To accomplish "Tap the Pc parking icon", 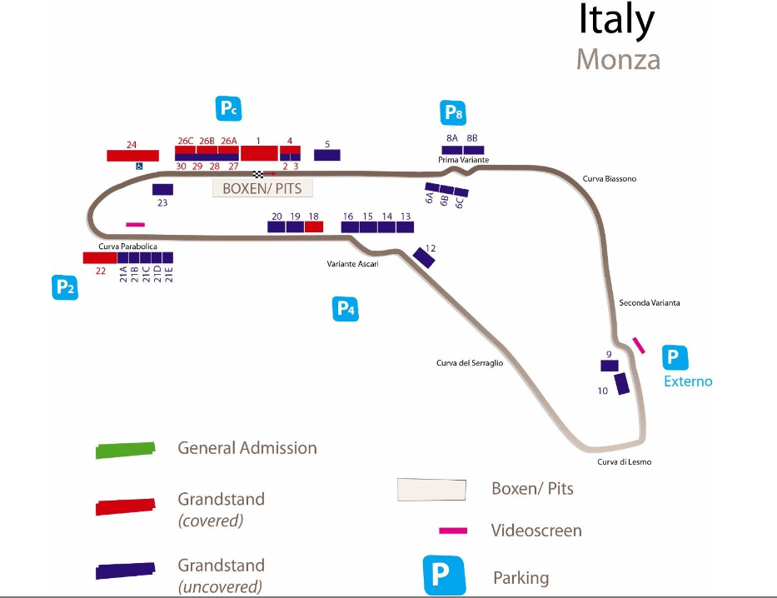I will click(x=229, y=107).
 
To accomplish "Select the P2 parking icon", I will click(x=65, y=287).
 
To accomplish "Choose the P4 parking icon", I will click(x=346, y=309).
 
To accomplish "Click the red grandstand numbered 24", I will click(x=132, y=156).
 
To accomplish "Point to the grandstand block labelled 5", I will click(x=326, y=155).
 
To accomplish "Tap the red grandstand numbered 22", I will click(x=100, y=257).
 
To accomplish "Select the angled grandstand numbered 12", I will click(x=424, y=258).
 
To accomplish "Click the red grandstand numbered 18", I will click(x=313, y=227).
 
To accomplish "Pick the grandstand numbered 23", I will click(x=162, y=189).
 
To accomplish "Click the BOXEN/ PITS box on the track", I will click(x=262, y=189).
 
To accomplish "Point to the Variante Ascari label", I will click(x=352, y=264).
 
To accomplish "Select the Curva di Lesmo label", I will click(x=625, y=462).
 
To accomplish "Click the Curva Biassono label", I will click(x=610, y=178).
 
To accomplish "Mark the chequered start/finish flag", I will click(x=259, y=174).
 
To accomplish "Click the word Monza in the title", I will click(x=618, y=60).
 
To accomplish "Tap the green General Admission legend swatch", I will click(x=125, y=449).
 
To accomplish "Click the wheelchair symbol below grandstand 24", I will click(x=139, y=165).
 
